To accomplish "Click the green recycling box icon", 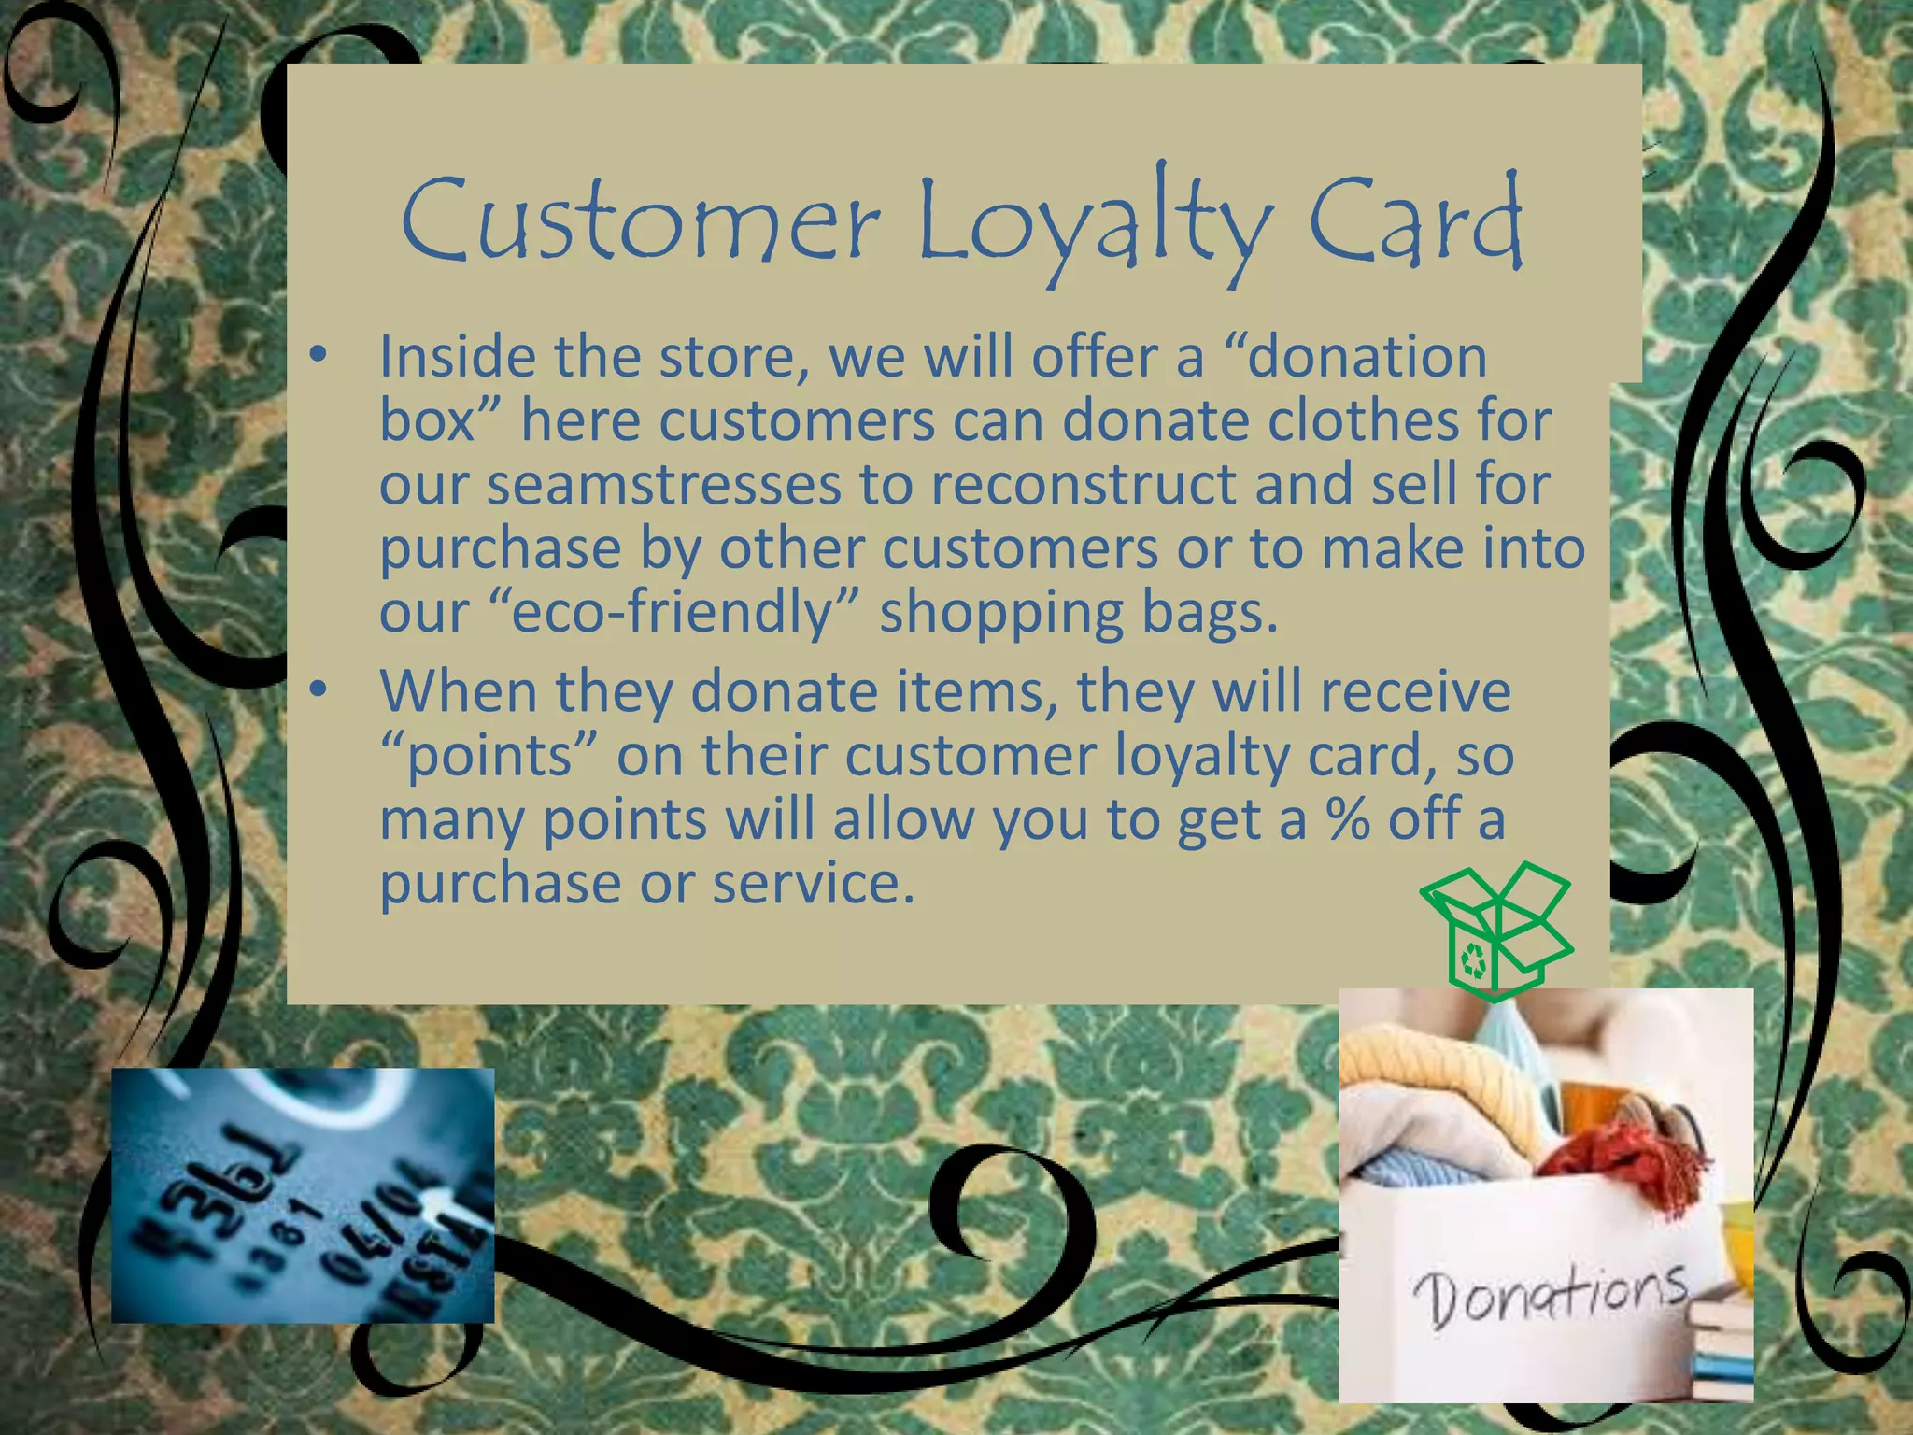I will point(1495,931).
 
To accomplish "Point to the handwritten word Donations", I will point(1551,1295).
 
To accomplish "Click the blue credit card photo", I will point(303,1195).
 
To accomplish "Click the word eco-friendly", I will point(672,612).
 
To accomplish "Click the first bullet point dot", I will point(319,356).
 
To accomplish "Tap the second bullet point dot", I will point(319,690).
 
